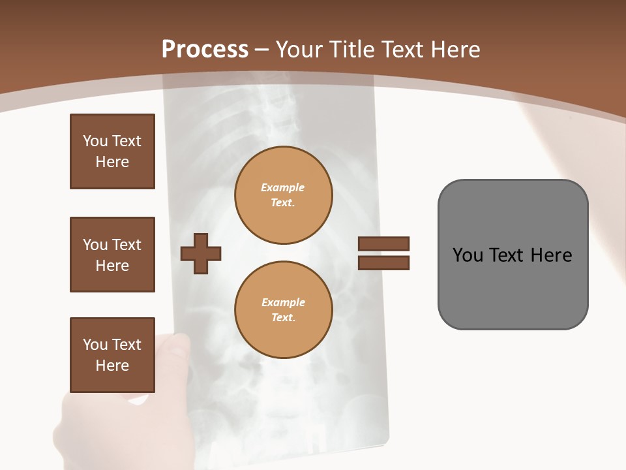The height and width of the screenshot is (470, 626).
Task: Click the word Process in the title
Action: coord(205,50)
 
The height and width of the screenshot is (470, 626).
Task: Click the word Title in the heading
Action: coord(350,50)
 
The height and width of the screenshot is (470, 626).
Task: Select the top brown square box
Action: coord(112,151)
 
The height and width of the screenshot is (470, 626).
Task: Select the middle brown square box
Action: coord(112,255)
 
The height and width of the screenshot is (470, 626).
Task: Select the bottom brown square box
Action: coord(112,355)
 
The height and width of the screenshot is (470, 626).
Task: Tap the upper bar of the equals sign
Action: coord(383,243)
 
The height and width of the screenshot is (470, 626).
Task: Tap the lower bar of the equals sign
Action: coord(383,263)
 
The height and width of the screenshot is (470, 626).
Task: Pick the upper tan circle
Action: coord(284,195)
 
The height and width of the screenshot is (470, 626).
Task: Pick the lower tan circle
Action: coord(284,309)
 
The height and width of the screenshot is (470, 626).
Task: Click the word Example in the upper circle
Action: coord(283,187)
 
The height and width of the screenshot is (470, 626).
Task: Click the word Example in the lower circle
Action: coord(283,302)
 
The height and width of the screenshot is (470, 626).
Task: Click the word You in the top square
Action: coord(95,141)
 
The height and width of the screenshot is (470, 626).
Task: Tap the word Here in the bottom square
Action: coord(112,366)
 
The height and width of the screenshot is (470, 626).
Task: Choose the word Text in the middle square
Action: coord(127,245)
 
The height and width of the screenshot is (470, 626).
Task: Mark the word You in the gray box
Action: coord(468,255)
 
